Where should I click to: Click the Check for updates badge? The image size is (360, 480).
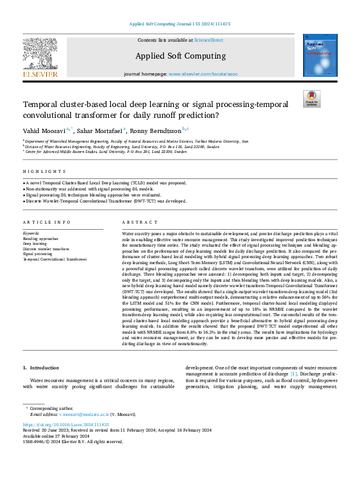312,99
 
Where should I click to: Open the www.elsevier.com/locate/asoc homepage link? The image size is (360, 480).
201,74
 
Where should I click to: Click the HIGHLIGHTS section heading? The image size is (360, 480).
36,172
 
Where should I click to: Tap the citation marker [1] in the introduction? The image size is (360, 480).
293,374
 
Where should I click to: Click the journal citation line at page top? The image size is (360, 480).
180,24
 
